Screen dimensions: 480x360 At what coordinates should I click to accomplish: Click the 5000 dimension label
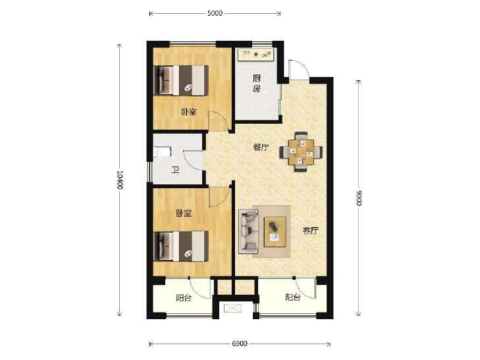215,13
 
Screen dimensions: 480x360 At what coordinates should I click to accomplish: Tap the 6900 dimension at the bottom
240,344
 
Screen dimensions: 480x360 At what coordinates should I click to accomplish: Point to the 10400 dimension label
120,180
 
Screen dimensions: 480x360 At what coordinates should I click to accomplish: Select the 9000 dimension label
359,198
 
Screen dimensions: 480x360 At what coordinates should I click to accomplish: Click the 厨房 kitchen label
257,84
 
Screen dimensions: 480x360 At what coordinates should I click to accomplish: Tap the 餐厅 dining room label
261,147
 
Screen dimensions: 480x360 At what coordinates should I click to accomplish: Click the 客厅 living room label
310,230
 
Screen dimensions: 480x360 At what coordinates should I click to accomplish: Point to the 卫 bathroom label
174,170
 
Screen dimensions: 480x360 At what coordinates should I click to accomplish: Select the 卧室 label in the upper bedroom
188,112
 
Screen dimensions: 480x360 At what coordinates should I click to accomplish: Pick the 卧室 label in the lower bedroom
183,213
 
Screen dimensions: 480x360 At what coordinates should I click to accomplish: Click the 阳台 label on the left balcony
184,298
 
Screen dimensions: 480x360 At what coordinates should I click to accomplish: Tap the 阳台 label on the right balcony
293,297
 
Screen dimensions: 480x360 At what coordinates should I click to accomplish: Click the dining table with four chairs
301,151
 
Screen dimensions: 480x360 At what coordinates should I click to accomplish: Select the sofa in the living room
248,231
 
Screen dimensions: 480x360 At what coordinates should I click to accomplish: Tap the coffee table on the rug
275,232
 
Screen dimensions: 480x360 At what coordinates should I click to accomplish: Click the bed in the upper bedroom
181,80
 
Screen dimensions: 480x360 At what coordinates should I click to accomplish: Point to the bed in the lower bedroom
181,246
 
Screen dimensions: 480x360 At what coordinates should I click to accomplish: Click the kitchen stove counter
256,55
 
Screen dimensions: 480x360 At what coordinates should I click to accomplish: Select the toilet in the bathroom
161,151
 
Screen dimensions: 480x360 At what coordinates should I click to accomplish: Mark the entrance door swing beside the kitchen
298,69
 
